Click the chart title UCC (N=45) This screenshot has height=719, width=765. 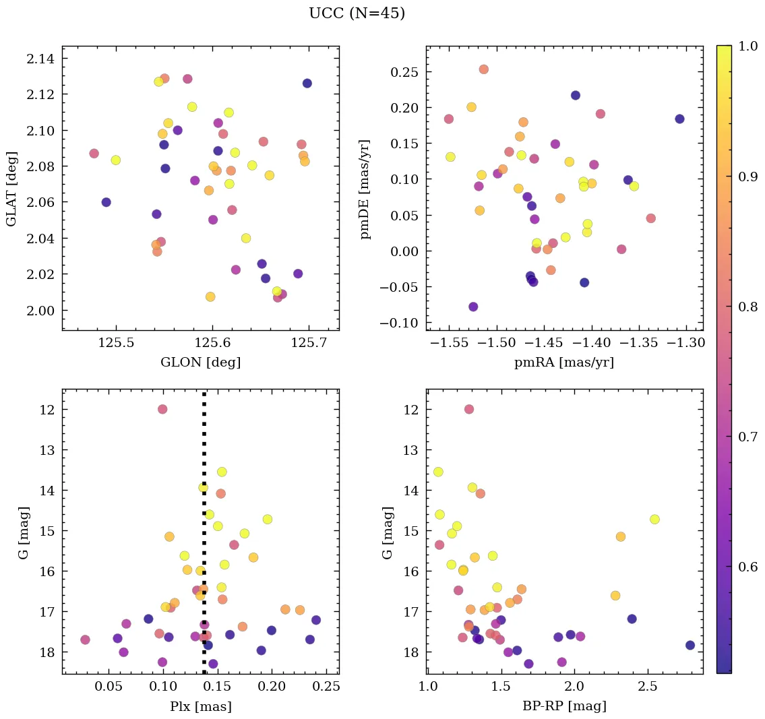point(357,13)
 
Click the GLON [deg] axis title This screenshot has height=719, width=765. point(200,362)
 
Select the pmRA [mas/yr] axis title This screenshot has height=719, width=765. point(564,362)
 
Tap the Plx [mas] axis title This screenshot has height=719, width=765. point(200,706)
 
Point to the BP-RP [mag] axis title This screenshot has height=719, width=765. point(564,706)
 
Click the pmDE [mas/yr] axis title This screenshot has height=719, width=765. point(366,188)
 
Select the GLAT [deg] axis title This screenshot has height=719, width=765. point(11,188)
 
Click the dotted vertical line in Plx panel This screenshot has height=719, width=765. point(204,539)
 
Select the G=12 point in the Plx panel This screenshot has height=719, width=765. point(162,409)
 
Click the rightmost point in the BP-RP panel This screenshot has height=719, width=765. point(690,645)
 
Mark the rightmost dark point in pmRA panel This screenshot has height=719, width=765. point(679,119)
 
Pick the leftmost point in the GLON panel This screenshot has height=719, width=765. point(94,154)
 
